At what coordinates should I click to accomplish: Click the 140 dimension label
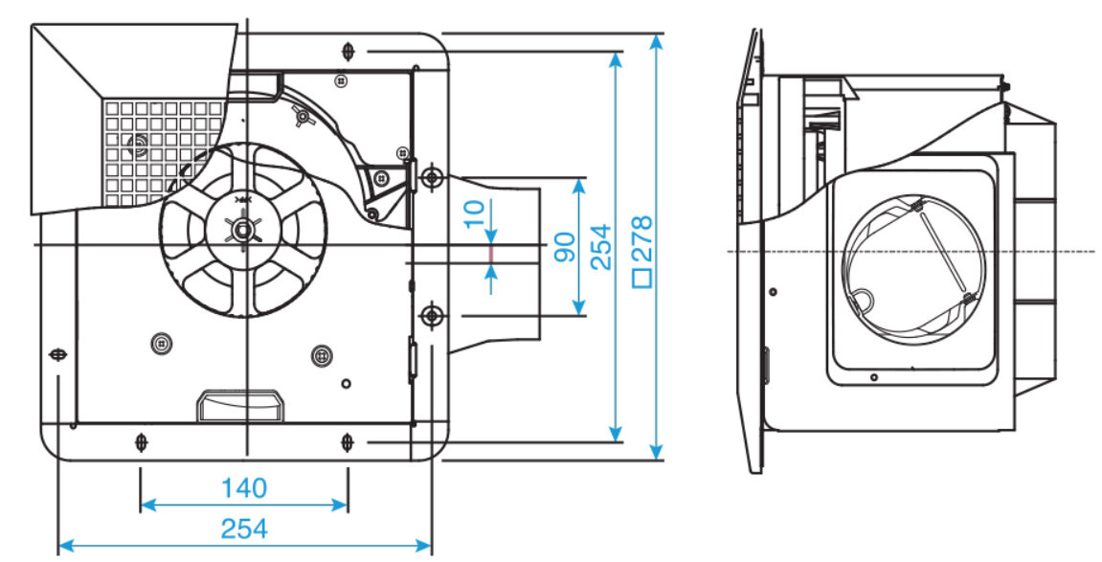click(x=243, y=488)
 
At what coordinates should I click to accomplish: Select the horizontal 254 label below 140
click(x=244, y=528)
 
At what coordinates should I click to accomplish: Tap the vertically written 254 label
click(x=600, y=247)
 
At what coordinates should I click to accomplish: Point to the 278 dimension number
click(x=642, y=238)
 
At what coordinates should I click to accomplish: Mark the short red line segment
click(x=491, y=256)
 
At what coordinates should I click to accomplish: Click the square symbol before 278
click(x=642, y=280)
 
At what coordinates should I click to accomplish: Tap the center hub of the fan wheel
click(x=244, y=230)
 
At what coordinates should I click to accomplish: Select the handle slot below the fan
click(x=238, y=406)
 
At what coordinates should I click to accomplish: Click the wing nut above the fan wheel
click(x=303, y=120)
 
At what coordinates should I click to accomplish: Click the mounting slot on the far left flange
click(x=59, y=354)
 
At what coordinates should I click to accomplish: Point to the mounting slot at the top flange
click(x=349, y=49)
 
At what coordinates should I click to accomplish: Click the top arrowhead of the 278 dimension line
click(x=656, y=41)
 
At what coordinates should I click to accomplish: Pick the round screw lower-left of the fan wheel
click(x=161, y=343)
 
